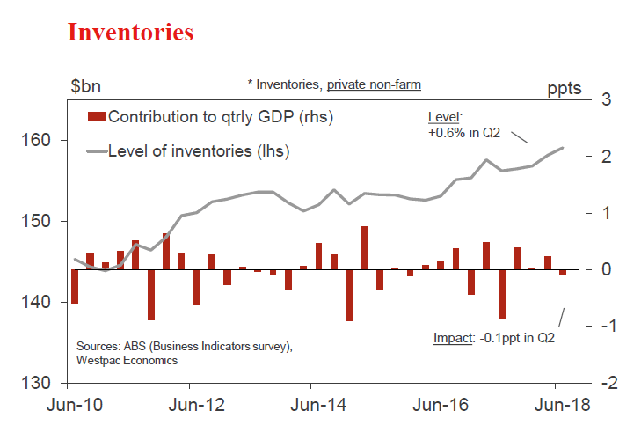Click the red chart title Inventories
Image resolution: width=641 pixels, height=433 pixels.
(x=130, y=33)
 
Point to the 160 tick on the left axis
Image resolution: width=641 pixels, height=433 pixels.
(x=45, y=140)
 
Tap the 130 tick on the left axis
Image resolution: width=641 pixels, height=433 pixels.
(x=45, y=384)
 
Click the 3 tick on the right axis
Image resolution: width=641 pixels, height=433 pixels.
(x=606, y=99)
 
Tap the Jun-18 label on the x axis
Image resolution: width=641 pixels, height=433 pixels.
(x=554, y=406)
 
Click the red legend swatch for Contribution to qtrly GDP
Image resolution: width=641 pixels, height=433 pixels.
(x=97, y=116)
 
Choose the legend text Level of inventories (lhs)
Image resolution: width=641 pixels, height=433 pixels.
(x=199, y=151)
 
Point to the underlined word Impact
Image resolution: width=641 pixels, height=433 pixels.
(x=455, y=337)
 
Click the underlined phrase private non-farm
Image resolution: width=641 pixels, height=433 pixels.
(x=374, y=84)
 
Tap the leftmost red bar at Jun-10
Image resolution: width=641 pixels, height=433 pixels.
(x=75, y=286)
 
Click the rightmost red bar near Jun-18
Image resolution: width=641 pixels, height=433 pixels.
(x=563, y=273)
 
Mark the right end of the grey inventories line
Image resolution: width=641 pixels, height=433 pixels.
(x=563, y=148)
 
